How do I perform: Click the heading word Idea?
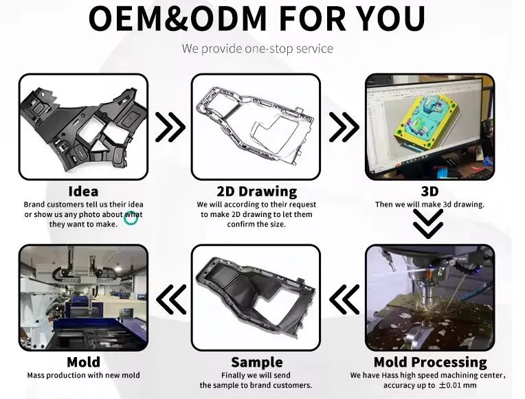pos(83,192)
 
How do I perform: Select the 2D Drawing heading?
pos(257,192)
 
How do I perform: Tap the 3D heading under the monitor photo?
pos(429,192)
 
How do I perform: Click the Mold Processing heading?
pos(430,362)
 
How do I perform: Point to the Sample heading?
pos(257,362)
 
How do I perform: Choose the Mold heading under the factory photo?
pos(83,362)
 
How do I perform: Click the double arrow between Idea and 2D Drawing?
pos(170,127)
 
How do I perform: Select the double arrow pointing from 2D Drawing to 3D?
pos(344,127)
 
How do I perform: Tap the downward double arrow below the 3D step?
pos(428,224)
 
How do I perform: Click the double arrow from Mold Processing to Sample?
pos(344,299)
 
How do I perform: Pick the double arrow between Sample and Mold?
pos(170,299)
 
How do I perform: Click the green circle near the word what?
pos(131,218)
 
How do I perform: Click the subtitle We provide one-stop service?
pos(258,49)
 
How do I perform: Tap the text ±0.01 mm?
pos(458,385)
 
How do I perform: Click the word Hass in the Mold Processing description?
pos(390,375)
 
